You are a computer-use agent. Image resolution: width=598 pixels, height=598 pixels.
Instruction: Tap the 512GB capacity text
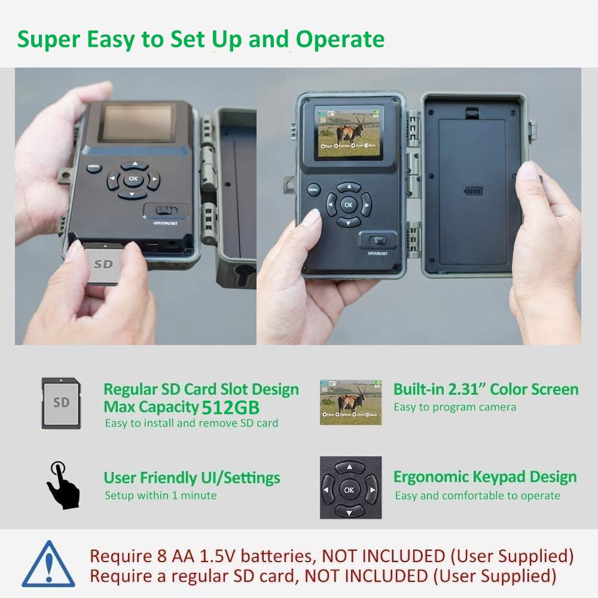(231, 408)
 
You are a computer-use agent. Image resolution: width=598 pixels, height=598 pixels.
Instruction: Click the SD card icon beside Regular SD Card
(60, 402)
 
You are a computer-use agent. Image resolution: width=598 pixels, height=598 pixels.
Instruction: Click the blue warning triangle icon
(48, 565)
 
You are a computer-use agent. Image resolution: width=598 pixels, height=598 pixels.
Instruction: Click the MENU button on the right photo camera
(313, 190)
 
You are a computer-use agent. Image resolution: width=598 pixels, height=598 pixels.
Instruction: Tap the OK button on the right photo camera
(349, 205)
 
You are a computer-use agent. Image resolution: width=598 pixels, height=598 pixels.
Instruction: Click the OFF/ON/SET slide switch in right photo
(378, 240)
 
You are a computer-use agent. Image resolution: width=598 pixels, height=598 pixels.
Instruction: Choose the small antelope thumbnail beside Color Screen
(350, 401)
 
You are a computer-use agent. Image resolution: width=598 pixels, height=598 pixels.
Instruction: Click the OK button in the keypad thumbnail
(350, 490)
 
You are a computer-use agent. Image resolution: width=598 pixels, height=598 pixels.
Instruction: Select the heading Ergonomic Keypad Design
(485, 477)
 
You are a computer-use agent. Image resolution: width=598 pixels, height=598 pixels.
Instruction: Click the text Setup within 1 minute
(160, 495)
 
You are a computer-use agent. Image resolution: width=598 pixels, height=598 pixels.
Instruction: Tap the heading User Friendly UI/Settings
(191, 478)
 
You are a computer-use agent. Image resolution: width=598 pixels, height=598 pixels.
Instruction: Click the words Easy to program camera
(454, 407)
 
